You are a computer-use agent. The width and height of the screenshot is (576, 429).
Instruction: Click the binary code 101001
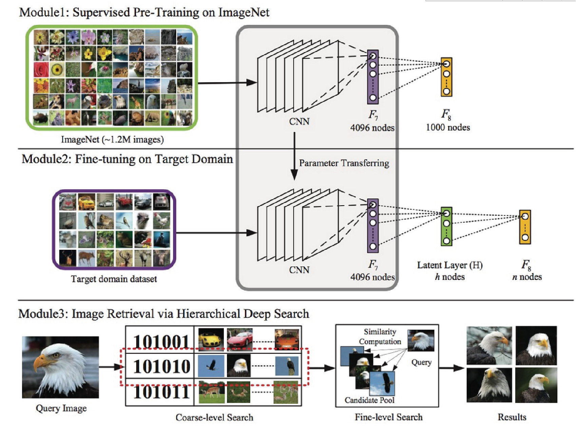pyautogui.click(x=161, y=341)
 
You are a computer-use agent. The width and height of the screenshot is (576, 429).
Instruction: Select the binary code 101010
pyautogui.click(x=161, y=366)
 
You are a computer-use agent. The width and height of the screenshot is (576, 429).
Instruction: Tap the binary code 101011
pyautogui.click(x=161, y=392)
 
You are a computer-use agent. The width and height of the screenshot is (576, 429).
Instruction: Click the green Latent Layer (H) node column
pyautogui.click(x=446, y=227)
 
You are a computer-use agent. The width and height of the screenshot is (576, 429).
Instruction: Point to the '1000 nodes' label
pyautogui.click(x=448, y=128)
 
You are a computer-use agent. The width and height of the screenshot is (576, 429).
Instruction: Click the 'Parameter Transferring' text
pyautogui.click(x=344, y=163)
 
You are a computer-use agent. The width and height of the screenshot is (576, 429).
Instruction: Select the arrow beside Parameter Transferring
pyautogui.click(x=294, y=156)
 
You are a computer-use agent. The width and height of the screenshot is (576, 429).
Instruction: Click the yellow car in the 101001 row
pyautogui.click(x=211, y=338)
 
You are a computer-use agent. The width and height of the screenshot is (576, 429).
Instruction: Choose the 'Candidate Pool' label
pyautogui.click(x=369, y=400)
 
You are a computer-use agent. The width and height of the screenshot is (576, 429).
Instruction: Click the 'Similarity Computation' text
pyautogui.click(x=380, y=336)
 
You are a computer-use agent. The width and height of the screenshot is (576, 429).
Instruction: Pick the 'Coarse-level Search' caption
pyautogui.click(x=214, y=417)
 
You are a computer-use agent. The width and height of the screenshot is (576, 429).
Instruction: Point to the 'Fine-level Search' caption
pyautogui.click(x=389, y=417)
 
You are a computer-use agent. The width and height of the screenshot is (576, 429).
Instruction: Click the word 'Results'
pyautogui.click(x=512, y=417)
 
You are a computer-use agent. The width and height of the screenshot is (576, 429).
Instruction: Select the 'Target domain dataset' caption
pyautogui.click(x=114, y=279)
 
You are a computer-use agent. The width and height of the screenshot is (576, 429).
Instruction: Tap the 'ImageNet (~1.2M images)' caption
pyautogui.click(x=112, y=139)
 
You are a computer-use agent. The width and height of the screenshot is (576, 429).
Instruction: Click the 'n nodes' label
pyautogui.click(x=527, y=277)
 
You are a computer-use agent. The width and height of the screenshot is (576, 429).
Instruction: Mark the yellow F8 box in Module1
pyautogui.click(x=446, y=77)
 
